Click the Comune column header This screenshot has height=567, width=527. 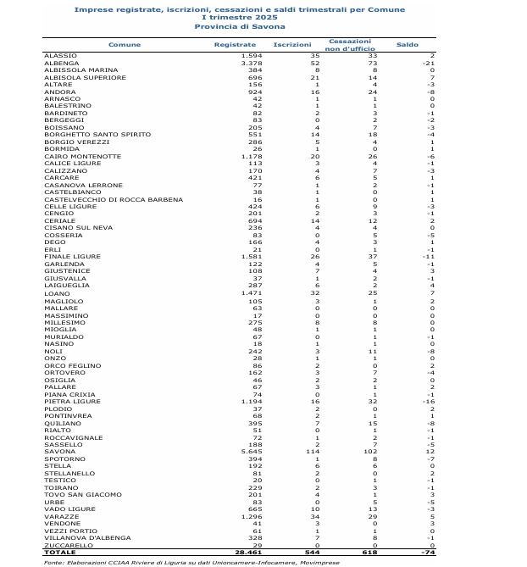(125, 44)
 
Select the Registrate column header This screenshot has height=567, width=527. (235, 44)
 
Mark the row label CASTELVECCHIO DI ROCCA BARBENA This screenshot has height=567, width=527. (113, 200)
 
